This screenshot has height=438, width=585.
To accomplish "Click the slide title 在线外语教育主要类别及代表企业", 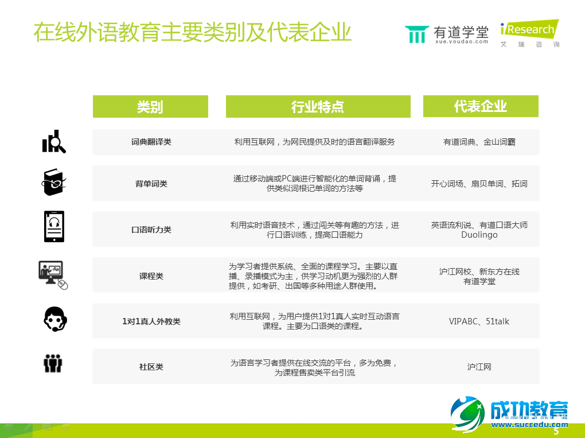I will coord(192,33).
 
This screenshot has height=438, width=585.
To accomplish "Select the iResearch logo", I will coord(529,33).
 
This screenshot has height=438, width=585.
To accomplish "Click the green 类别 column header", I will coord(150,107).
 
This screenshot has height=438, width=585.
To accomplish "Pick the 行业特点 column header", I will coord(318,107).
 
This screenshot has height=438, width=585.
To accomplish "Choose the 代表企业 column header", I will coord(481,106).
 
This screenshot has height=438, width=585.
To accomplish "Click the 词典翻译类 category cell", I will coord(151,142).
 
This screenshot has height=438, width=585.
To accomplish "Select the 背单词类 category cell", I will coord(151,184).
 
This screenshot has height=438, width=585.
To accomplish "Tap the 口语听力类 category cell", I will coord(151,230).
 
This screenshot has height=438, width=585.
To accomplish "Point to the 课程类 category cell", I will coord(151,276).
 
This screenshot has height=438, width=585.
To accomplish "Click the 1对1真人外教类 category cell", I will coord(151,321).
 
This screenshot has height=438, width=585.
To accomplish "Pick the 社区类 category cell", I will coord(151,367).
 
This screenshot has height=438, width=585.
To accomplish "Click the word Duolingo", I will coord(479,235).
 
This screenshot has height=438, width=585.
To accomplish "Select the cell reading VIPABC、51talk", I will coord(479,321).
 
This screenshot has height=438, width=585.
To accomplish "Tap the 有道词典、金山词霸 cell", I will coord(479,142).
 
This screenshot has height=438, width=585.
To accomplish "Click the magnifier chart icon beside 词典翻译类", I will coord(54,142).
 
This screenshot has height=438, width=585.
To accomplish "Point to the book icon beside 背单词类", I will coord(53,183).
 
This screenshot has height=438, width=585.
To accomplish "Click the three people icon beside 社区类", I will coord(53,363).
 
